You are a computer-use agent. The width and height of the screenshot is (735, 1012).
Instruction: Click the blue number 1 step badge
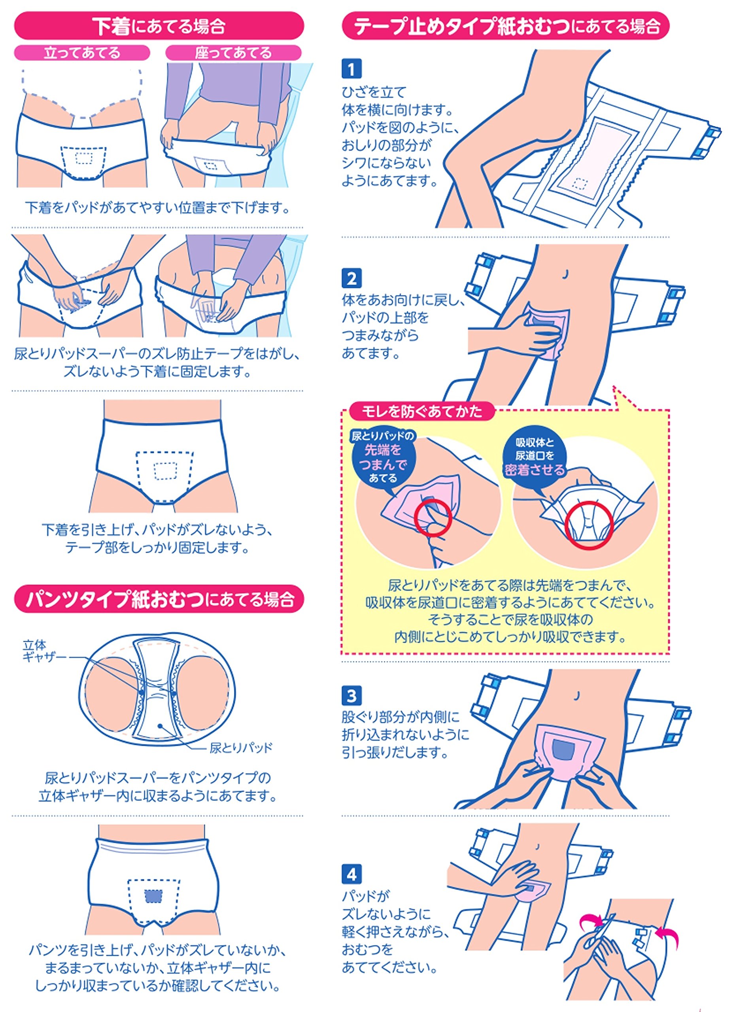pos(351,69)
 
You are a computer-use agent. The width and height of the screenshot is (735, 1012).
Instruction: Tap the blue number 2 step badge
pos(351,278)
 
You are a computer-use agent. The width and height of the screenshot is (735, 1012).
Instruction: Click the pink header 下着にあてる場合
pos(159,26)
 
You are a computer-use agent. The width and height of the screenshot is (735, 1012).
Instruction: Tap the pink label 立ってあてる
pos(82,53)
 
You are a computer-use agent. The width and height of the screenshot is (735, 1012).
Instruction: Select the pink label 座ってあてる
pos(233,53)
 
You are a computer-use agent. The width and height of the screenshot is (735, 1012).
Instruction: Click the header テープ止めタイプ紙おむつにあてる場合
pos(506,26)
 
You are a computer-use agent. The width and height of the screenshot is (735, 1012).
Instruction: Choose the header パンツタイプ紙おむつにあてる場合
pos(159,599)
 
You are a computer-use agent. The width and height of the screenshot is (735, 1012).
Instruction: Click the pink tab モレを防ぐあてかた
pos(422,411)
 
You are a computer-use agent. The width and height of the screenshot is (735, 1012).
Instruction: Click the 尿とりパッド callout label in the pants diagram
pos(241,748)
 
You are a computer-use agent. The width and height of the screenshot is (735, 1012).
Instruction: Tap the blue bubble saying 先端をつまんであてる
pos(383,457)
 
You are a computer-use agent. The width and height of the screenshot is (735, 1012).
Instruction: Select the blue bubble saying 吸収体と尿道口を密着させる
pos(535,456)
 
